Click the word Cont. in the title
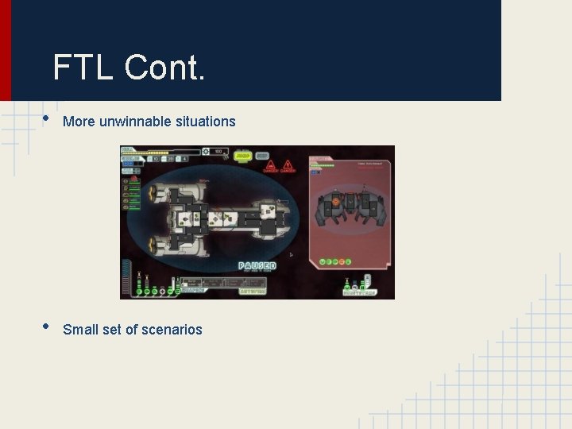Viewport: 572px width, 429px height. click(164, 68)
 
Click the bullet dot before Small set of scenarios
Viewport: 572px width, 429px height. click(46, 327)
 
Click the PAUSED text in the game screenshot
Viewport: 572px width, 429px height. click(257, 265)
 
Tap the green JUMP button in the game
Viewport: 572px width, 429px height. click(243, 156)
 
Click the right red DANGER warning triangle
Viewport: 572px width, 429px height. click(287, 166)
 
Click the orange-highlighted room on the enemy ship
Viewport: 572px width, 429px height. click(336, 202)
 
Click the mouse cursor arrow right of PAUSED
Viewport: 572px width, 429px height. click(291, 255)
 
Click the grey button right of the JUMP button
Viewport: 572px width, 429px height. click(261, 156)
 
